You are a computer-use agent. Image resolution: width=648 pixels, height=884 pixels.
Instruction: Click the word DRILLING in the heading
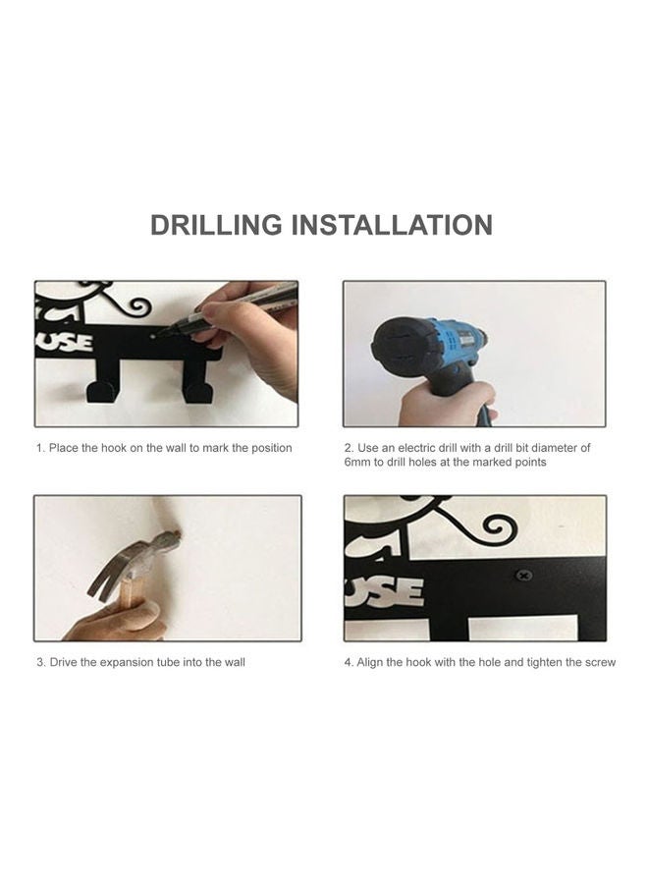[216, 224]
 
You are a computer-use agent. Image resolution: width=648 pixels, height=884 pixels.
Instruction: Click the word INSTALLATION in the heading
[393, 224]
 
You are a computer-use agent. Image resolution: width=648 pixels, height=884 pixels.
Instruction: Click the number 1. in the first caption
[41, 448]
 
